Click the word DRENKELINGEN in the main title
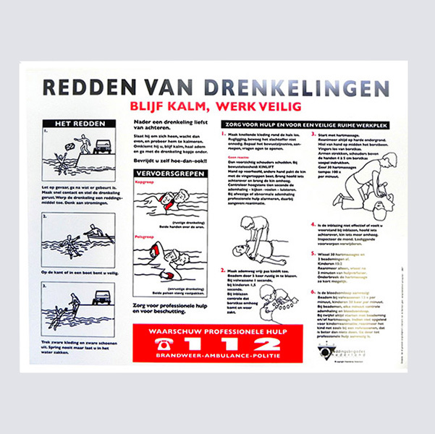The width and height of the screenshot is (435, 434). point(299,88)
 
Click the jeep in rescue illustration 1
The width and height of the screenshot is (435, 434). point(103,145)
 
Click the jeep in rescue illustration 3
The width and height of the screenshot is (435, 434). point(103,297)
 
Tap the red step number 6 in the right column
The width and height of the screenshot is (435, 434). point(313,292)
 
